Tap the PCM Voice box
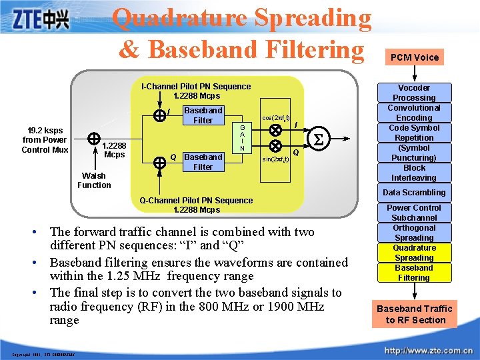415,57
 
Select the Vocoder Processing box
414,93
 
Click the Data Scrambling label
414,193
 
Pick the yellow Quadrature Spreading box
414,253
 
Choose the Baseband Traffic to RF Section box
414,314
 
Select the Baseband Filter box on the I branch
203,115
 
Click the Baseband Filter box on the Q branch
203,162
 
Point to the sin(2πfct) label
275,160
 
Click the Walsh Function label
94,181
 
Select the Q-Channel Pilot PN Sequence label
196,205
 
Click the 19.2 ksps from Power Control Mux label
45,140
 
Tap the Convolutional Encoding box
414,113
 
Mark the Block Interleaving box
414,173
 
